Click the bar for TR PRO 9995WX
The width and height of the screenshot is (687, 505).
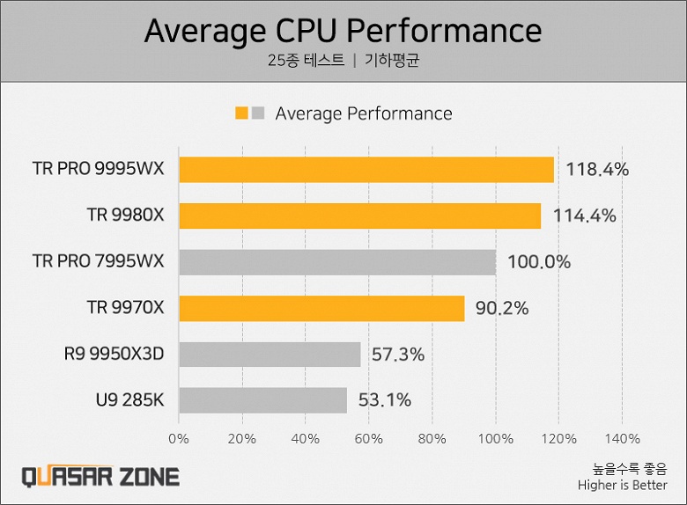pos(366,170)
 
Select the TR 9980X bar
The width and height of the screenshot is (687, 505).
pos(360,216)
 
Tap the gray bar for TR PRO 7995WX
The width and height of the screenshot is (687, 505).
pos(337,262)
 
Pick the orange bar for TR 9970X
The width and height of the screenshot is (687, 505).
pos(321,308)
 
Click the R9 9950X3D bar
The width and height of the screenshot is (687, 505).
pos(270,355)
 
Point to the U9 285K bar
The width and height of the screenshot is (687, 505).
pos(262,400)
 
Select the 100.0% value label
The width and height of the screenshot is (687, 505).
pos(538,262)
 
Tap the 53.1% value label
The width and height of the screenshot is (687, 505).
pos(384,400)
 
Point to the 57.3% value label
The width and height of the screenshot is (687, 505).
pos(397,355)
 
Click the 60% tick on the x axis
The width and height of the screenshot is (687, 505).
pos(369,438)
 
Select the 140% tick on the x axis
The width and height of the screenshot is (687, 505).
pos(623,438)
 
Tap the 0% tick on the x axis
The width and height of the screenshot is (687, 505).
pos(179,438)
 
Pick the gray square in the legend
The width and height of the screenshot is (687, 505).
pos(257,113)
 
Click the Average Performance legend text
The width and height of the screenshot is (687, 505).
pos(363,113)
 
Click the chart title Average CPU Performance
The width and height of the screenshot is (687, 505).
pos(343,31)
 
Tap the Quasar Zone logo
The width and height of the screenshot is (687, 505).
pos(100,477)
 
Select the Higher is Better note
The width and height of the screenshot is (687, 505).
pos(622,486)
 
